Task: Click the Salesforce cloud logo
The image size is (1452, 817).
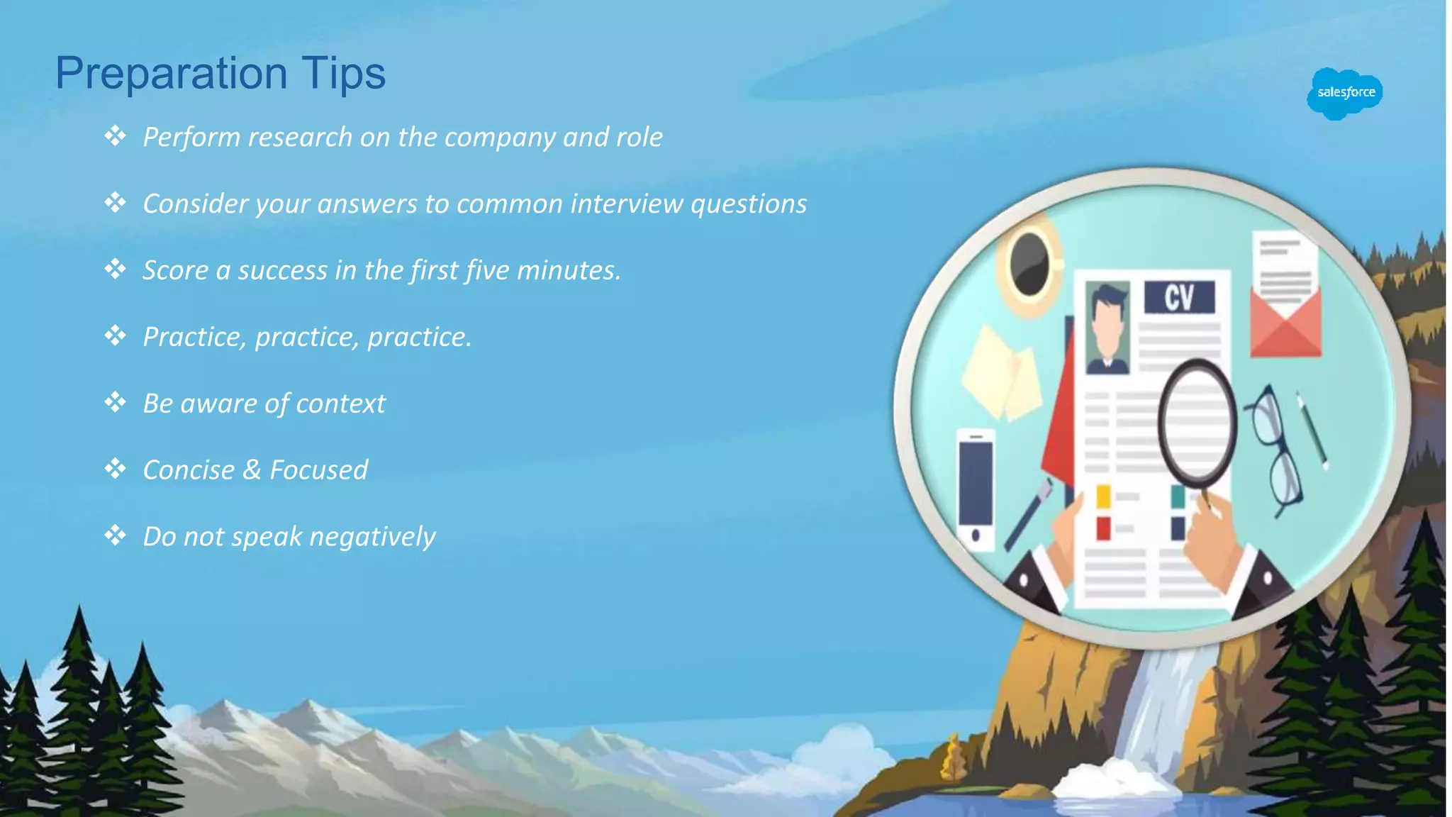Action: point(1344,93)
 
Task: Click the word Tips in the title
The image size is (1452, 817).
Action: point(343,74)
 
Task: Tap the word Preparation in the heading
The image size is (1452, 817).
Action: point(171,74)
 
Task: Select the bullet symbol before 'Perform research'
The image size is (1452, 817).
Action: point(115,135)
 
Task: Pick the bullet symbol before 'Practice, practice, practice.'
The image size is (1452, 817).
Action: point(115,335)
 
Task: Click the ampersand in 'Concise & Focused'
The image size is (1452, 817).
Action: point(252,470)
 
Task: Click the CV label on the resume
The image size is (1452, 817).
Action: point(1179,297)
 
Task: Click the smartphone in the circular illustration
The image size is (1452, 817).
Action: point(976,489)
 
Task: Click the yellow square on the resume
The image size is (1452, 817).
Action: point(1103,496)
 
